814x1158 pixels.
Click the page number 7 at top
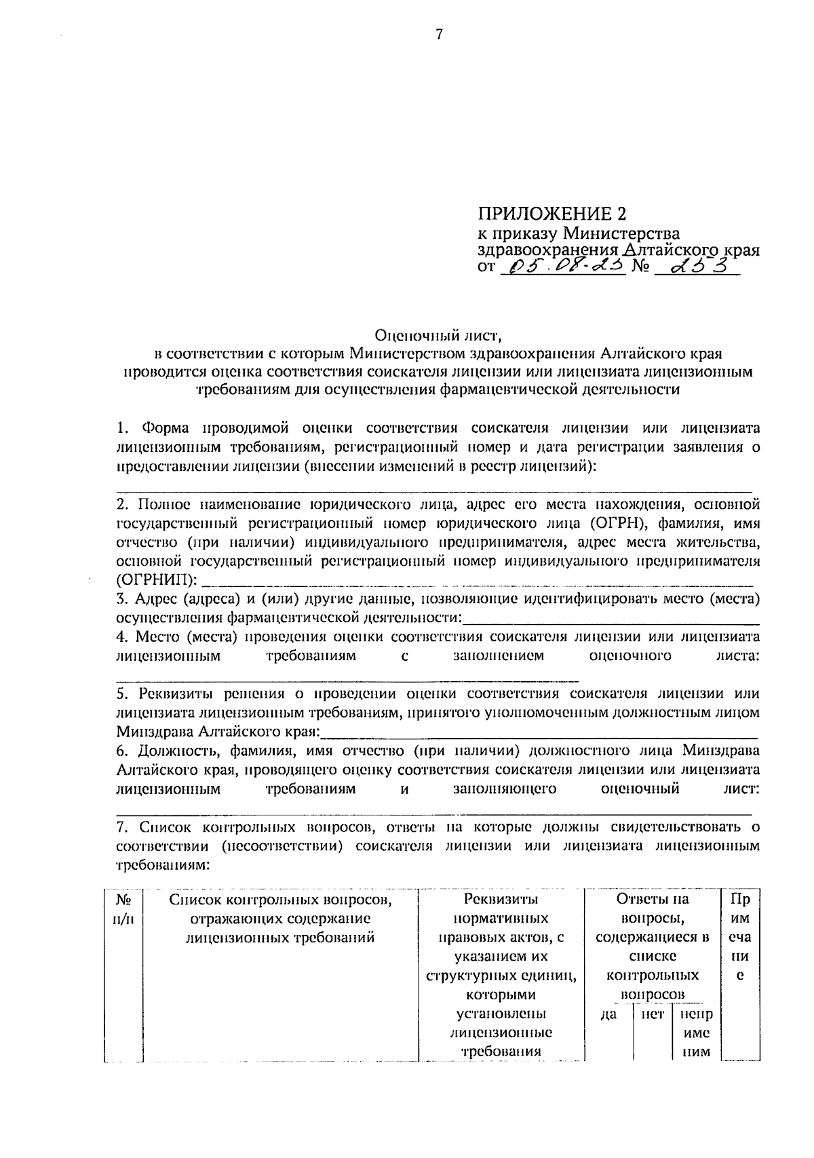pos(439,35)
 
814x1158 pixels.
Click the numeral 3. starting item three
pos(122,599)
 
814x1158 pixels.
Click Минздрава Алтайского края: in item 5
pos(220,733)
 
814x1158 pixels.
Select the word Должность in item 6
pos(170,751)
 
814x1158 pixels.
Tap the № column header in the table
pos(123,900)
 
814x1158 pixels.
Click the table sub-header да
pos(609,1014)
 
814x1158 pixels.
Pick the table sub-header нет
pos(652,1014)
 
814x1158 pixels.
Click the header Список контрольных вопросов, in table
pos(282,900)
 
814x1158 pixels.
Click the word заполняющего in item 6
pos(505,789)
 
